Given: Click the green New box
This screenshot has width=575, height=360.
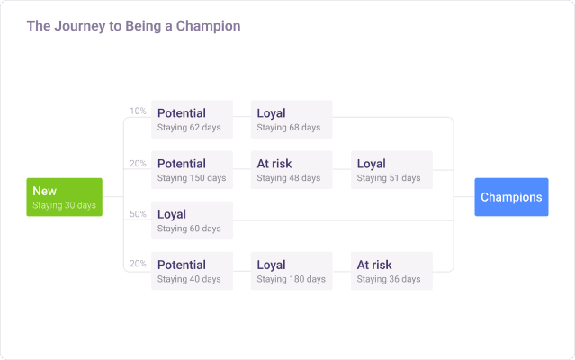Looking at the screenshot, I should [64, 197].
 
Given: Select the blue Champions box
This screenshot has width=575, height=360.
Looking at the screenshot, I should [511, 197].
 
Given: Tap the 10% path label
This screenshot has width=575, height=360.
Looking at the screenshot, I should [138, 112].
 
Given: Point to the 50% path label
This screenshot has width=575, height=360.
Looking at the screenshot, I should [138, 213].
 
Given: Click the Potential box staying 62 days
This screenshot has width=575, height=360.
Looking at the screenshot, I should [192, 119].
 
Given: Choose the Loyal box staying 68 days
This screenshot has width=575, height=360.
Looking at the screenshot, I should [292, 119].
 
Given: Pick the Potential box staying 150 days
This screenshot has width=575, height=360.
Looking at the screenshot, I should [192, 169].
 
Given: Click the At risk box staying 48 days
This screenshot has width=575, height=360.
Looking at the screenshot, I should [292, 169].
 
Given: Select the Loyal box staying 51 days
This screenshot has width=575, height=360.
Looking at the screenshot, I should [391, 169].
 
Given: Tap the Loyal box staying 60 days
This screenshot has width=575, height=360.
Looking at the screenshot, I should [192, 220].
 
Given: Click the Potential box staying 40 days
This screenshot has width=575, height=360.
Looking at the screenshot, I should [192, 271].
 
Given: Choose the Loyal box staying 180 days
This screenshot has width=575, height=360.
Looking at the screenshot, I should [292, 271].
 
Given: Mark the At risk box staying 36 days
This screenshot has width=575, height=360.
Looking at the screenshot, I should [391, 271].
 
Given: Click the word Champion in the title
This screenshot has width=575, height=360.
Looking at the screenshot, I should [206, 26].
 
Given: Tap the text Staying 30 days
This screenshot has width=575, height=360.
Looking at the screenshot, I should [64, 205].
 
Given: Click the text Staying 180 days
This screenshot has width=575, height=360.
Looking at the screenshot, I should [291, 279].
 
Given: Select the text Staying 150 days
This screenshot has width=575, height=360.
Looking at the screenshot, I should [192, 178].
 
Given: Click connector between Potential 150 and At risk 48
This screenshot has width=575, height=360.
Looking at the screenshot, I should [242, 169].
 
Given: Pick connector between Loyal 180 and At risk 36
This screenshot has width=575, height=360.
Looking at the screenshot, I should [342, 271].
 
